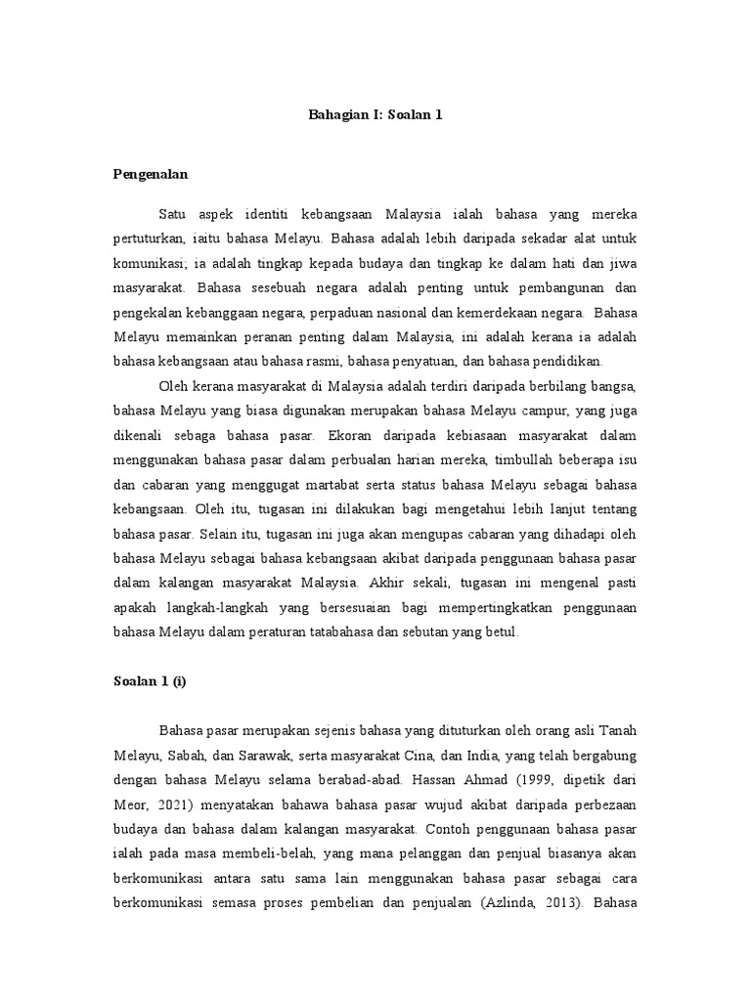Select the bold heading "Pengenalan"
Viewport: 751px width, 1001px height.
click(x=151, y=174)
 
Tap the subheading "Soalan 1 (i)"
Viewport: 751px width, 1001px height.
click(x=150, y=682)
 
